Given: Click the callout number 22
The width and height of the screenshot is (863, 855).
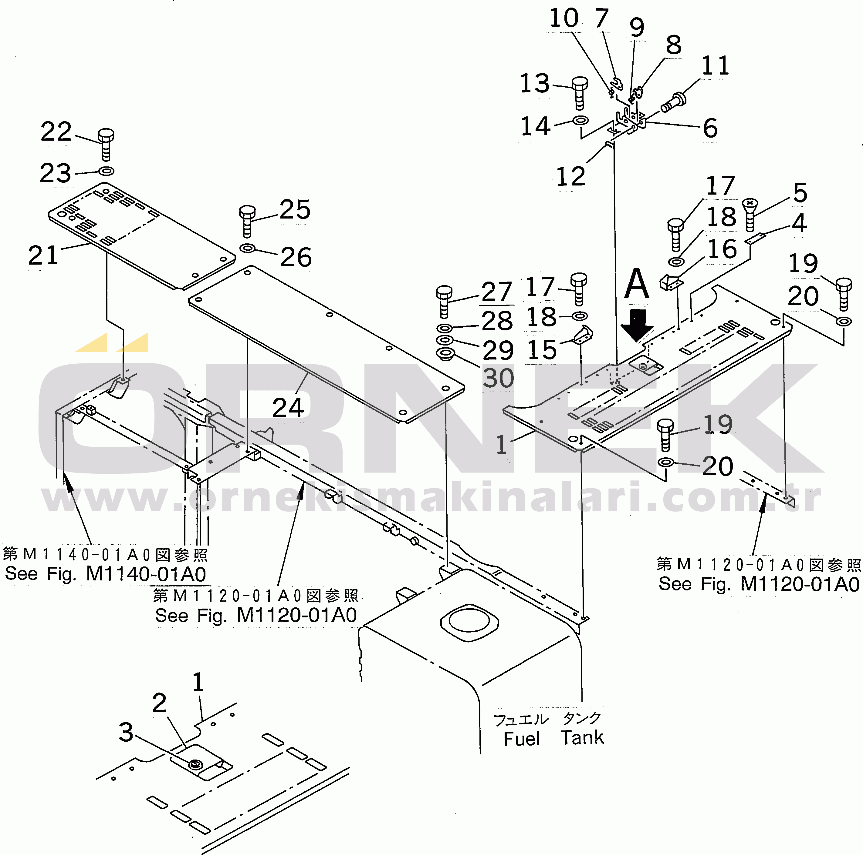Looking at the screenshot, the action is coord(56,132).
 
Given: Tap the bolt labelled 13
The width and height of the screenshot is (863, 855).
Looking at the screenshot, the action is coord(579,92).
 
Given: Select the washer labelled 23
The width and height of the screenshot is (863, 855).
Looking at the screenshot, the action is coord(106,171).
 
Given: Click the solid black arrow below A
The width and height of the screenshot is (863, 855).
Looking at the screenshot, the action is coord(638,325).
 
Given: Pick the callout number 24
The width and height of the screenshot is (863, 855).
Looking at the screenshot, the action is coord(288,407).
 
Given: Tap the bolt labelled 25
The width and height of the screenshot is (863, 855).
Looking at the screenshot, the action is coord(247,220).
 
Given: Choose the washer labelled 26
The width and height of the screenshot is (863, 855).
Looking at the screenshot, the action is coord(248,248).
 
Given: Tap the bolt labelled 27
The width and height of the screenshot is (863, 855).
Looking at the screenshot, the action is coord(445,301).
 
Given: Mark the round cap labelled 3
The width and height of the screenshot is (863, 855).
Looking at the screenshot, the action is coord(195,765).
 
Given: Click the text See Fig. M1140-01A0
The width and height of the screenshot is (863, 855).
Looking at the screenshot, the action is coord(105,574).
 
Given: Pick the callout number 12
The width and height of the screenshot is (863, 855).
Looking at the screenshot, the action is coord(570,176).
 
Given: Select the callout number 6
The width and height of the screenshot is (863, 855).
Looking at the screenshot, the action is coord(710,128).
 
